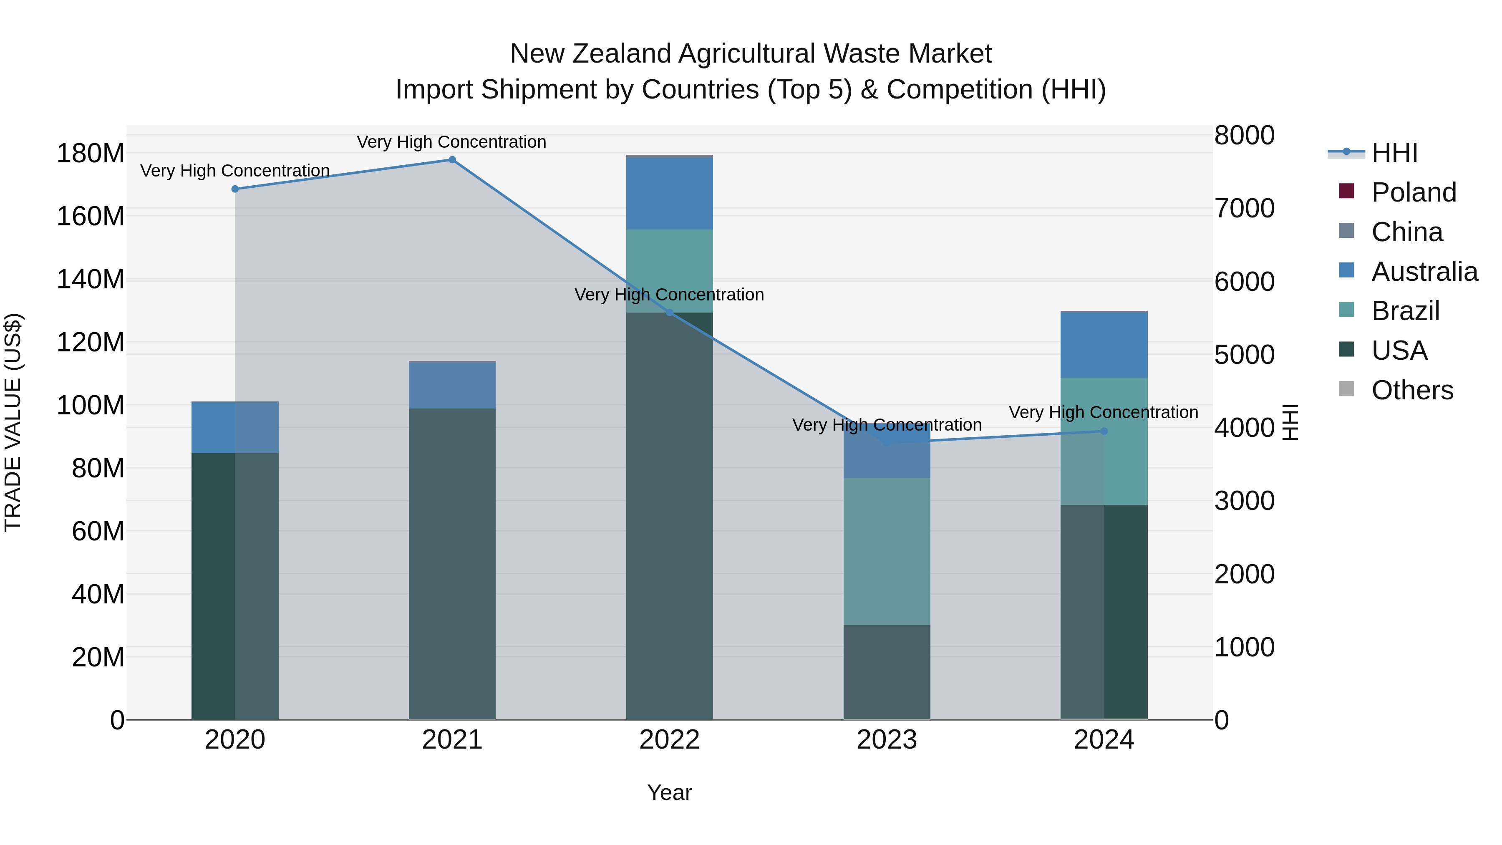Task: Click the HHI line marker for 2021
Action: coord(452,160)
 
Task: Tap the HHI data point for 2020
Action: coord(235,189)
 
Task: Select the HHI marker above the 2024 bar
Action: coord(1104,431)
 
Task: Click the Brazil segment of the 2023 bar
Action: coord(887,551)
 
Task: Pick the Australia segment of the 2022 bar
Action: coord(669,193)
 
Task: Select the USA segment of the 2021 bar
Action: coord(452,563)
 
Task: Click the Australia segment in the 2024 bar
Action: coord(1104,345)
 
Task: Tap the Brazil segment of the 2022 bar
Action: coord(669,270)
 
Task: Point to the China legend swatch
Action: coord(1346,231)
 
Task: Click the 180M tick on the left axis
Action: coord(91,154)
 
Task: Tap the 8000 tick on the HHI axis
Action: coord(1244,135)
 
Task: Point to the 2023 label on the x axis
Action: coord(887,740)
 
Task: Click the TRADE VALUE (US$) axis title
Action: coord(13,422)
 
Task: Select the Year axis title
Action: coord(669,792)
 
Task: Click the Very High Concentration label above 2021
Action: coord(451,142)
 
